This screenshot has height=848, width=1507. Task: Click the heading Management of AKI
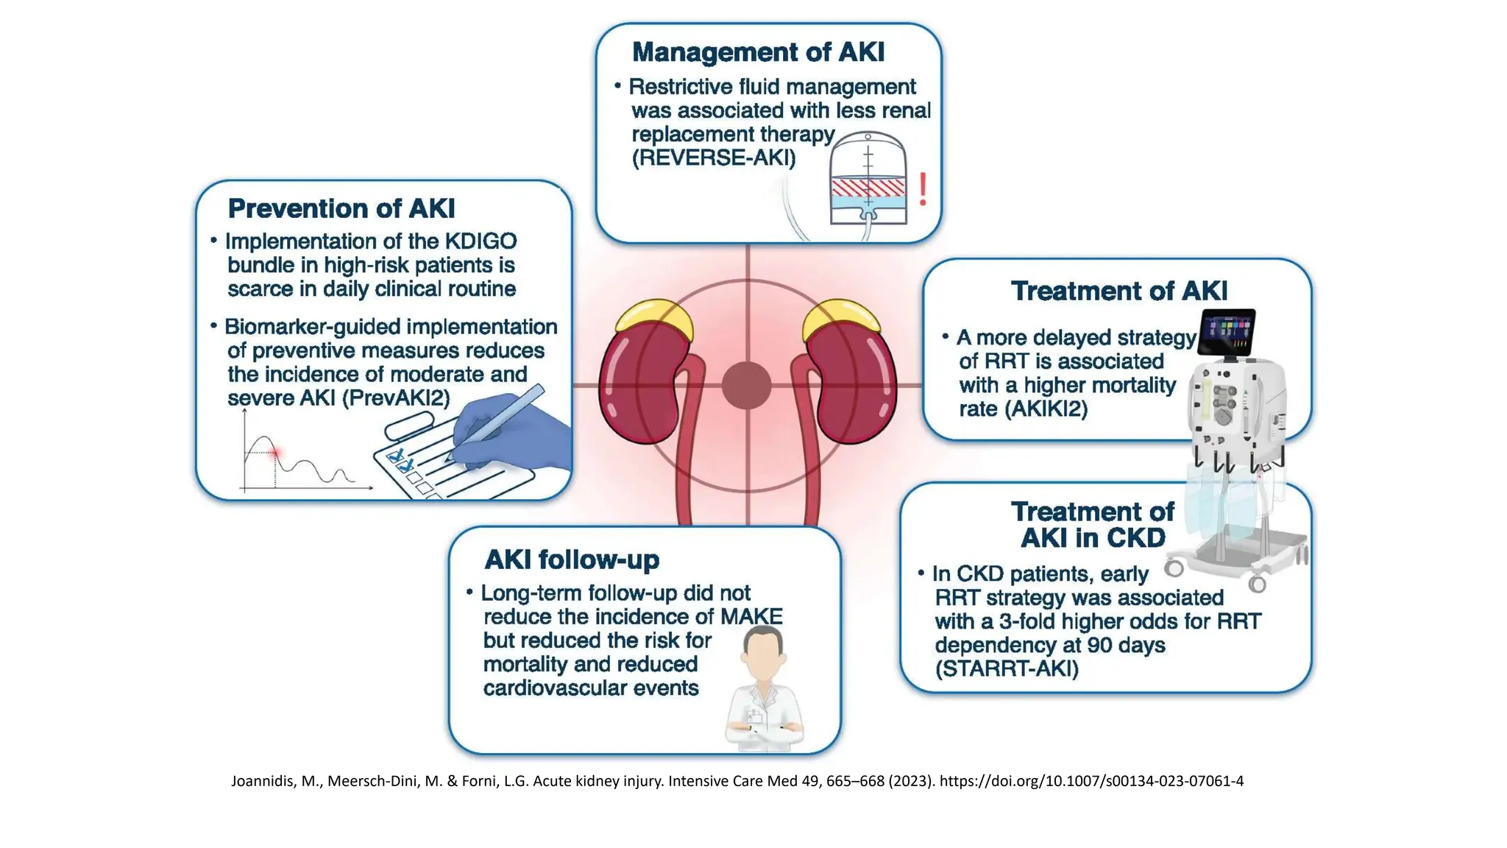pyautogui.click(x=758, y=52)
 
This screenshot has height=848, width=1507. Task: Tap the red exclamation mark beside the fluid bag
pyautogui.click(x=923, y=188)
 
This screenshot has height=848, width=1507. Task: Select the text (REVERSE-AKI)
pyautogui.click(x=713, y=158)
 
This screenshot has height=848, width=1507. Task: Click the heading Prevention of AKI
pyautogui.click(x=341, y=208)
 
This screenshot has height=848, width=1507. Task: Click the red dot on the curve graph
pyautogui.click(x=275, y=453)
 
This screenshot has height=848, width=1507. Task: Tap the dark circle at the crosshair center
pyautogui.click(x=747, y=385)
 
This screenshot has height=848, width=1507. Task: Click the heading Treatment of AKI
pyautogui.click(x=1118, y=291)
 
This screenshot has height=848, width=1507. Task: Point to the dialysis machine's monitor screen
pyautogui.click(x=1227, y=332)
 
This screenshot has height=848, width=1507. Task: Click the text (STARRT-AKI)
pyautogui.click(x=1007, y=669)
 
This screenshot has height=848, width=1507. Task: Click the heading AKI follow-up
pyautogui.click(x=572, y=559)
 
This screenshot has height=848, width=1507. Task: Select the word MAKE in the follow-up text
pyautogui.click(x=751, y=617)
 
